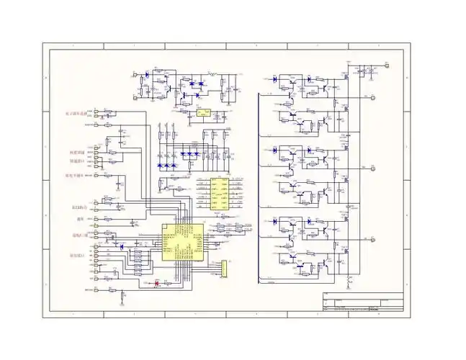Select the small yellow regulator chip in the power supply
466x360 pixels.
pos(203,113)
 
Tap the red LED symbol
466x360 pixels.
pos(157,283)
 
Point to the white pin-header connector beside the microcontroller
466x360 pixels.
pos(223,268)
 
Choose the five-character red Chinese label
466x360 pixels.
pos(73,175)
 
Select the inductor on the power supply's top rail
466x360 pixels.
pos(212,74)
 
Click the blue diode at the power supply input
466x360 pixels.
pos(146,73)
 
